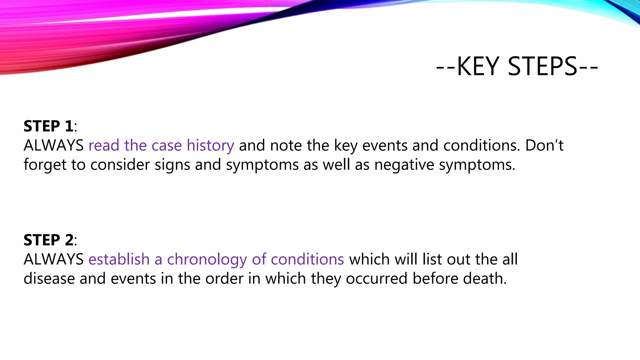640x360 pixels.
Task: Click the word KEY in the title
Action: click(x=478, y=67)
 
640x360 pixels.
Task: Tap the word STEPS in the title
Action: click(x=542, y=67)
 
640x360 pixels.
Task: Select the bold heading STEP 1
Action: click(x=48, y=126)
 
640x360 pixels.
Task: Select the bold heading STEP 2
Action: click(x=48, y=240)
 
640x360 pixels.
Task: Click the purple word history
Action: click(x=210, y=146)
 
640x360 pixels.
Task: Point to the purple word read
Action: click(x=104, y=146)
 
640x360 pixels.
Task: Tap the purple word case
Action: click(x=167, y=146)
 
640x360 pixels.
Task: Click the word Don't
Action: click(x=544, y=146)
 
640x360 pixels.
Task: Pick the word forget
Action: click(x=45, y=165)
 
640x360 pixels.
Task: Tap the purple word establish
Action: click(x=119, y=259)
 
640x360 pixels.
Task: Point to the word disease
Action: click(x=49, y=279)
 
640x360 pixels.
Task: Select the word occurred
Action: click(x=377, y=279)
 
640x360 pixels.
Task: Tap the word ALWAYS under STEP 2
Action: click(x=53, y=259)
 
